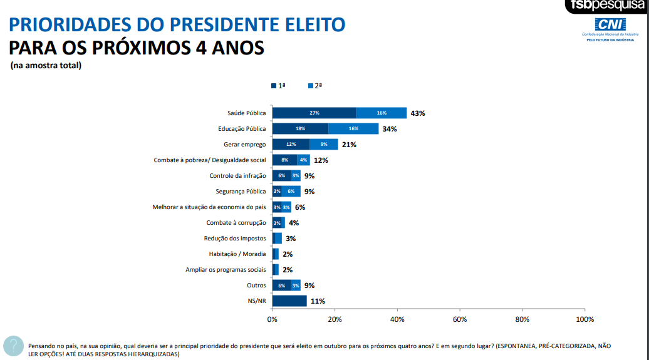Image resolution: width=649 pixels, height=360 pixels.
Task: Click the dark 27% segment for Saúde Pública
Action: tap(314, 113)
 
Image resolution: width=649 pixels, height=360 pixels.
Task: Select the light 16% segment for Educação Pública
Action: tap(353, 129)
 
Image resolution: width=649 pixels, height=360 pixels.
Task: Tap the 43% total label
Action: tap(418, 113)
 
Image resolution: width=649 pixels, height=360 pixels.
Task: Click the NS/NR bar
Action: tap(289, 301)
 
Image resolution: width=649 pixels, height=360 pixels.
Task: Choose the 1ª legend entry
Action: tap(278, 86)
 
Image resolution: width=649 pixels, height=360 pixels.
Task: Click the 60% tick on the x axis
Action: tap(460, 319)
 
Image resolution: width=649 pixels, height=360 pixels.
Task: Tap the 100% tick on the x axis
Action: tap(584, 319)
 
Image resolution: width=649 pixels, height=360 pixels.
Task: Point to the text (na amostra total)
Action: tap(46, 65)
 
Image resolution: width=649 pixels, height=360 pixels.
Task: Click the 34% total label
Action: tap(390, 129)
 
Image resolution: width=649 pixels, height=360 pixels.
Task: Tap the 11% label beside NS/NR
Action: tap(318, 301)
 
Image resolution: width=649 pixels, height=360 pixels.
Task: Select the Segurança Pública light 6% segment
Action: tap(291, 192)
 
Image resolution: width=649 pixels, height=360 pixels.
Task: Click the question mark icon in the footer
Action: tap(13, 346)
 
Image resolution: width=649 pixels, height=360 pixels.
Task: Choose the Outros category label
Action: tap(256, 285)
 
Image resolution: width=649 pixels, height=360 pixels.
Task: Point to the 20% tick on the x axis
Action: tap(335, 319)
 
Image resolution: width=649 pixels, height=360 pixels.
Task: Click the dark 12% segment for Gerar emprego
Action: tap(291, 145)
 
